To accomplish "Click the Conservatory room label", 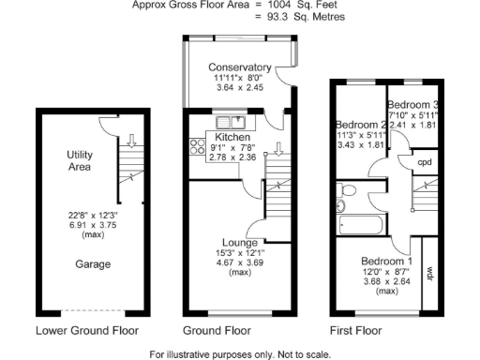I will click(x=240, y=67).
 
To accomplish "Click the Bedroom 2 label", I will click(x=361, y=125).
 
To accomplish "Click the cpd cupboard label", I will click(x=424, y=161).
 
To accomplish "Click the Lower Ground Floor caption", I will click(x=87, y=331).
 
